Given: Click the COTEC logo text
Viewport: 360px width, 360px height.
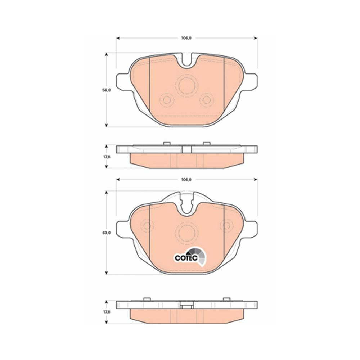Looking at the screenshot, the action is click(186, 258).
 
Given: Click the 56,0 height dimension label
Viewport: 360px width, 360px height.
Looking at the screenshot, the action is click(106, 90).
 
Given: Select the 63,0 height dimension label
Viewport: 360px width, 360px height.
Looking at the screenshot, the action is click(107, 233).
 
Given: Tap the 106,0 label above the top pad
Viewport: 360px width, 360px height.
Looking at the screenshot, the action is click(186, 38).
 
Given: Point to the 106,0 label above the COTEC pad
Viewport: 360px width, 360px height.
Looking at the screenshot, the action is click(186, 180).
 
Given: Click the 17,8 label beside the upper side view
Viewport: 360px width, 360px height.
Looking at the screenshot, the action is click(107, 157).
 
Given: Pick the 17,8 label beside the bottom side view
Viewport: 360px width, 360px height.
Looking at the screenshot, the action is click(107, 312).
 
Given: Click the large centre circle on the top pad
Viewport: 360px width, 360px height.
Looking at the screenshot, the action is click(186, 85).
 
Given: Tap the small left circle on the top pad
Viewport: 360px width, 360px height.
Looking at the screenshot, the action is click(166, 100).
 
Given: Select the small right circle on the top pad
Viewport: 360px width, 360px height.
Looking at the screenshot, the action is click(206, 100).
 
